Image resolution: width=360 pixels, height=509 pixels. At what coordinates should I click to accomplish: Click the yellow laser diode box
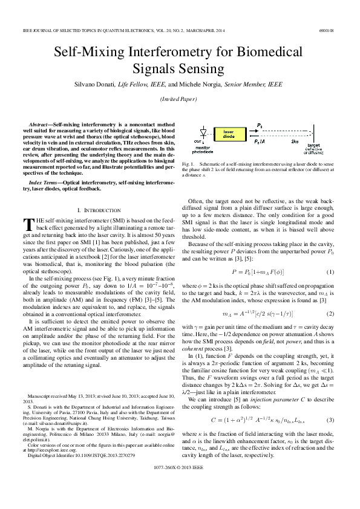[229, 133]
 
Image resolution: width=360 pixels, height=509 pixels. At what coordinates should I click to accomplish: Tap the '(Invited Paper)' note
[180, 99]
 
